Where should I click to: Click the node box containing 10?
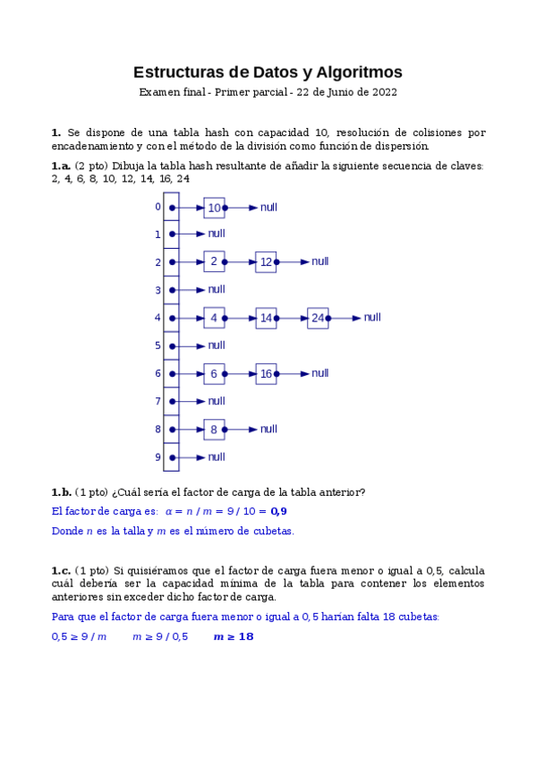click(214, 208)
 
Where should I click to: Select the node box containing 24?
click(318, 318)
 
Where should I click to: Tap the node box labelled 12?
click(266, 262)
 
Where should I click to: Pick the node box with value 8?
click(214, 430)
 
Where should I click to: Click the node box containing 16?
click(266, 374)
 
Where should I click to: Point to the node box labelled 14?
click(266, 318)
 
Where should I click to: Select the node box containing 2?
click(214, 262)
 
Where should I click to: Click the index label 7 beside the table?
click(157, 402)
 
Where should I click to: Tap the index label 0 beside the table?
click(157, 207)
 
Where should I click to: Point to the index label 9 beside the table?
click(157, 457)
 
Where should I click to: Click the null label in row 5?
click(217, 345)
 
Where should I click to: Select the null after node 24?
click(372, 318)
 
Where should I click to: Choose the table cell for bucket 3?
click(172, 290)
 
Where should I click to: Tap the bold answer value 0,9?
click(278, 512)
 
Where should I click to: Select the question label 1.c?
click(61, 570)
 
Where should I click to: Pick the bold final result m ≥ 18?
click(234, 636)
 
